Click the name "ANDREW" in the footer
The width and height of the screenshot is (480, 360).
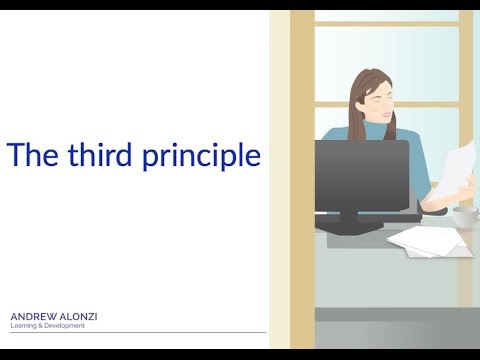click(34, 317)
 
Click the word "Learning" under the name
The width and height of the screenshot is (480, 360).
click(24, 326)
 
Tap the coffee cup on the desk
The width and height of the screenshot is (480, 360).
click(466, 217)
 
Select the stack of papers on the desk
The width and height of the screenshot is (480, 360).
click(428, 241)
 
